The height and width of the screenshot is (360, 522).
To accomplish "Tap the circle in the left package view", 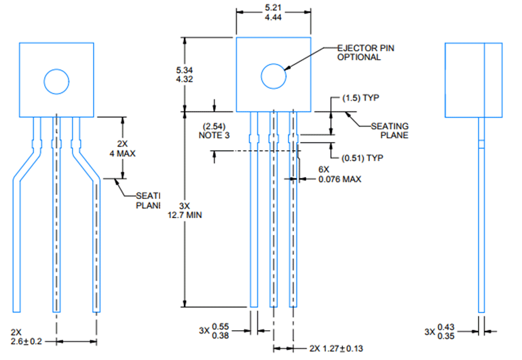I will (x=56, y=82).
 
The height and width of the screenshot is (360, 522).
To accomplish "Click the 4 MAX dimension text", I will (x=122, y=149).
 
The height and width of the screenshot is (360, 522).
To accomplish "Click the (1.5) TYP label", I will (x=360, y=98).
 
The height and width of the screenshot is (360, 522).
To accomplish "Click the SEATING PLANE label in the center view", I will (x=390, y=130).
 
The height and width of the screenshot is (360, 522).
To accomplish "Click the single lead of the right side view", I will (x=481, y=217).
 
